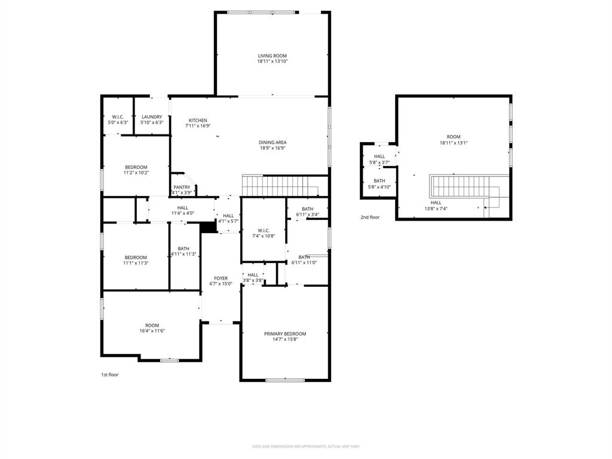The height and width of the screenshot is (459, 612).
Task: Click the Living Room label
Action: [272, 56]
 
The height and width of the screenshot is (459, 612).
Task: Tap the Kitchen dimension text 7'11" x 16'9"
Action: [198, 126]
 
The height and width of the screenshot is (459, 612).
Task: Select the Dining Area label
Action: [272, 142]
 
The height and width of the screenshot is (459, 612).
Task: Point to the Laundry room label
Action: [152, 117]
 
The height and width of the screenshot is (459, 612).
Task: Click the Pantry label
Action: [182, 188]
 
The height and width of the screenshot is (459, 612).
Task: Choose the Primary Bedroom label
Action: [284, 334]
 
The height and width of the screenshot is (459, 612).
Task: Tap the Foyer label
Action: [221, 279]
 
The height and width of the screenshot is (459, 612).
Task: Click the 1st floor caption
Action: [109, 375]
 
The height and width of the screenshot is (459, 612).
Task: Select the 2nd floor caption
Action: [369, 218]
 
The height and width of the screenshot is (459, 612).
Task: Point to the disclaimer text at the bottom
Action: [305, 446]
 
